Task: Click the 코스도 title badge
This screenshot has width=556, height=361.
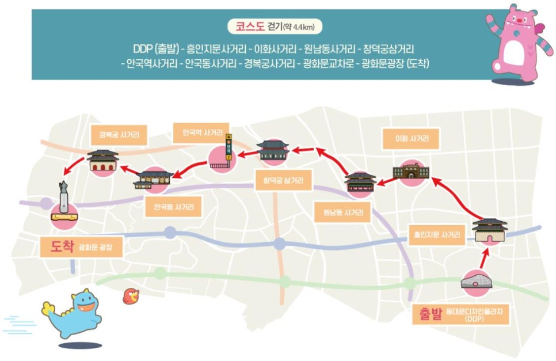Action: click(x=275, y=26)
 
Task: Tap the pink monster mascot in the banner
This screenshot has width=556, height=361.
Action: click(x=519, y=44)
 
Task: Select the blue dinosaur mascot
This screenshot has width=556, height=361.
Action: click(x=72, y=313)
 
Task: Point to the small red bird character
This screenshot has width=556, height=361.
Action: click(x=131, y=296)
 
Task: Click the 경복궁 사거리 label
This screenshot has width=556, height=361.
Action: click(x=119, y=135)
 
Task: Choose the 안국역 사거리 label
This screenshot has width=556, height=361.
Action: click(x=201, y=133)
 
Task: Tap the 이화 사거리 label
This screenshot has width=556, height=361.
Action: click(x=411, y=139)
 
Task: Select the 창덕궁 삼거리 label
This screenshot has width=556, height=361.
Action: click(x=283, y=180)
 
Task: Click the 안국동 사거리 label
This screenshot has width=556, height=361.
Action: click(x=173, y=207)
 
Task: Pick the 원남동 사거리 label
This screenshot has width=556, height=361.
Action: click(x=343, y=212)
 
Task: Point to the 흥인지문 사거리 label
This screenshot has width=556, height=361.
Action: click(x=437, y=235)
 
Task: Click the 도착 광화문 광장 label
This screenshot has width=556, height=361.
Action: click(x=81, y=247)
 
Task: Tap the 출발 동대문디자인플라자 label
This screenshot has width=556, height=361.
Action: click(x=460, y=314)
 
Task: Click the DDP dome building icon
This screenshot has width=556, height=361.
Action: click(x=476, y=281)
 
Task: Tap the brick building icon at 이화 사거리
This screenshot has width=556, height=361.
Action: click(x=411, y=171)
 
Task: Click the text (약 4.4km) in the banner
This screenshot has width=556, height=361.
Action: click(x=299, y=27)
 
